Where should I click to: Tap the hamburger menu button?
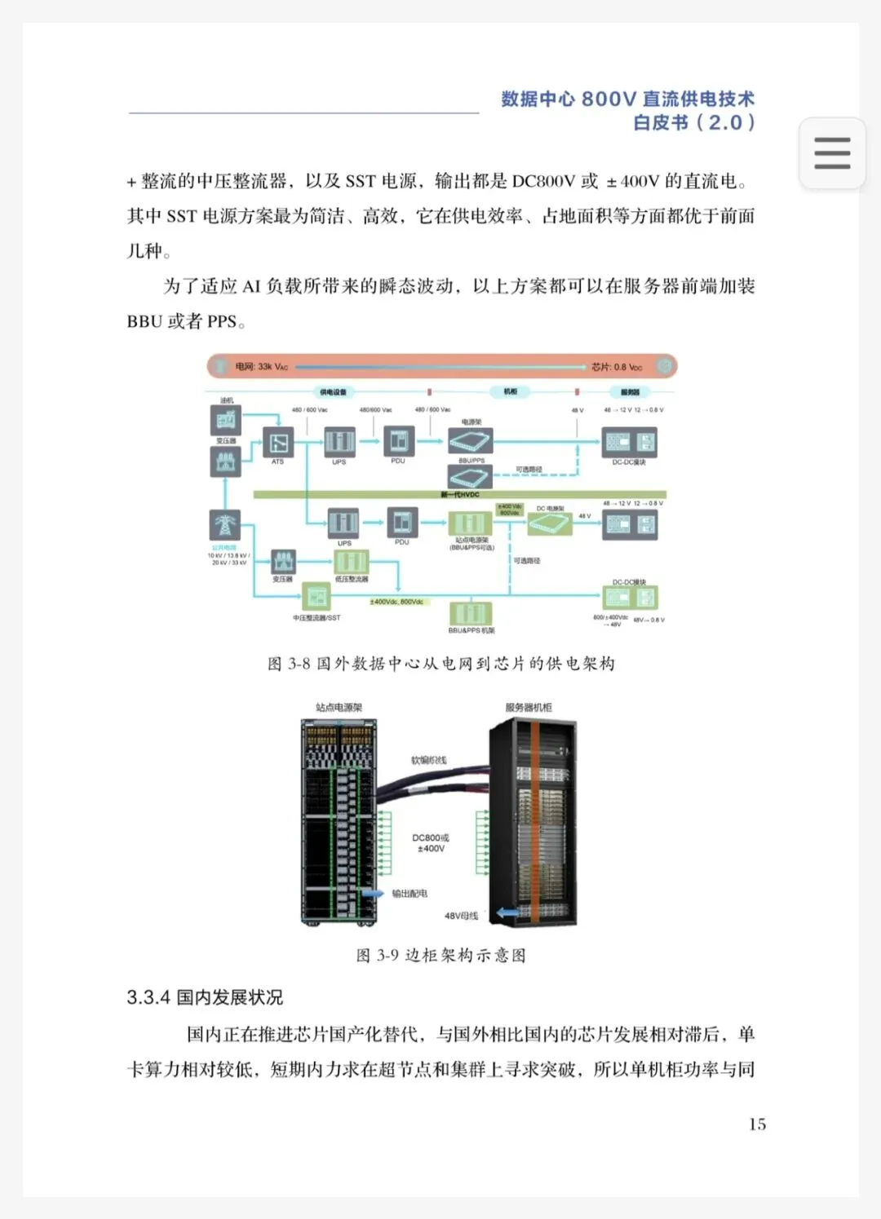(831, 153)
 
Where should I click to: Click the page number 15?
(757, 1124)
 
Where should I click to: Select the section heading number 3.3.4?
(148, 997)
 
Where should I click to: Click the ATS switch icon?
(278, 443)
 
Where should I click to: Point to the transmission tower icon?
(224, 524)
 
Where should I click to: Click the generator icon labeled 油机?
(226, 420)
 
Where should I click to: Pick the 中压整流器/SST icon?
(316, 598)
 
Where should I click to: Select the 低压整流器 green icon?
(351, 561)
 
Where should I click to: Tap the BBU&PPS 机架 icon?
(471, 613)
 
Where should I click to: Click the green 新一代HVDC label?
(460, 494)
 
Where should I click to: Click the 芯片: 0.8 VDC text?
(617, 367)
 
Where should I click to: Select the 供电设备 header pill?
(333, 392)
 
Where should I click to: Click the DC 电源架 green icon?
(550, 523)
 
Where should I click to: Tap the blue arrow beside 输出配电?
(373, 894)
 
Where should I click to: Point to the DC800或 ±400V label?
(431, 843)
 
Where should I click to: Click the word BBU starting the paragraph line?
(144, 321)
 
